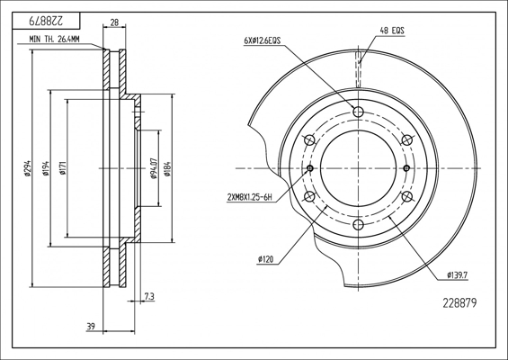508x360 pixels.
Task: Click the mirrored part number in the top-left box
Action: [45, 22]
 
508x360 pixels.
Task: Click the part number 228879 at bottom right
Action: [459, 303]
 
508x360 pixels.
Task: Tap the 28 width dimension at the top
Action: [114, 22]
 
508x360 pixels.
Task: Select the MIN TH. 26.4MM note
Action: [54, 40]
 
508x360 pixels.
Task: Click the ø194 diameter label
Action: [46, 168]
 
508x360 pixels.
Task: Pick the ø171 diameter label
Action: [63, 168]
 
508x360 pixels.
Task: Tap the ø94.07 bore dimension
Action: [154, 168]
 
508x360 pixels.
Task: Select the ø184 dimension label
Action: [167, 168]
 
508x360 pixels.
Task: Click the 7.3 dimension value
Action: [149, 296]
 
